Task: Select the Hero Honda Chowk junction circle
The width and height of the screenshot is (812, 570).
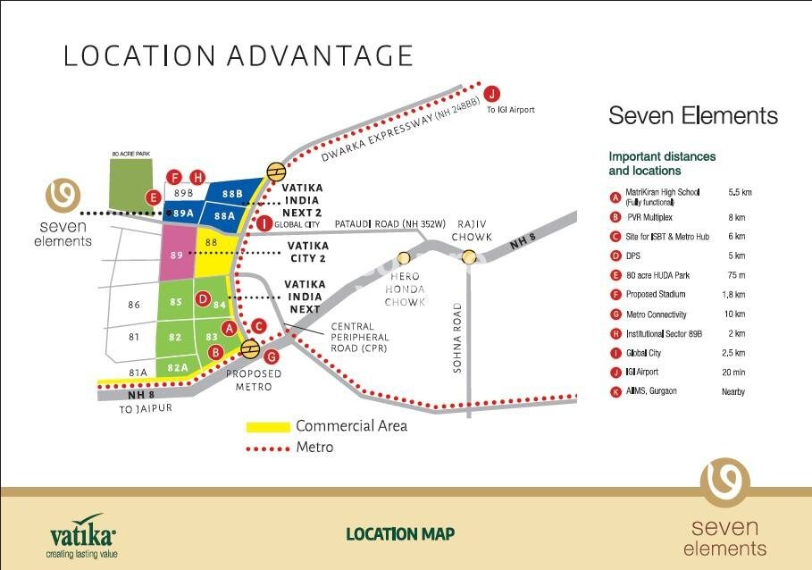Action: point(404,257)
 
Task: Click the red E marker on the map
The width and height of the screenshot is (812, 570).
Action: point(154,197)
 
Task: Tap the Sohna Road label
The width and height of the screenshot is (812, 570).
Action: point(456,338)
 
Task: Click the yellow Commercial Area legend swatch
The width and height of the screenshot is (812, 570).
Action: point(268,426)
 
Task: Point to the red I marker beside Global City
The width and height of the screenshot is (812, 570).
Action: point(264,223)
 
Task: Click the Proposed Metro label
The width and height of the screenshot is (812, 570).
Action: point(254,380)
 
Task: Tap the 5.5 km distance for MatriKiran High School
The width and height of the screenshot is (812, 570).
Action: point(740,192)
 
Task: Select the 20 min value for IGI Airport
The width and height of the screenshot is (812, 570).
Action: point(734,372)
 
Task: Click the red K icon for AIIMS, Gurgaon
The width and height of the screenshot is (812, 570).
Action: point(615,391)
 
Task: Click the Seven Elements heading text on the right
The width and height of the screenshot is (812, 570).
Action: point(692,116)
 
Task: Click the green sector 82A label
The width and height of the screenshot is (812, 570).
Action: point(178,367)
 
